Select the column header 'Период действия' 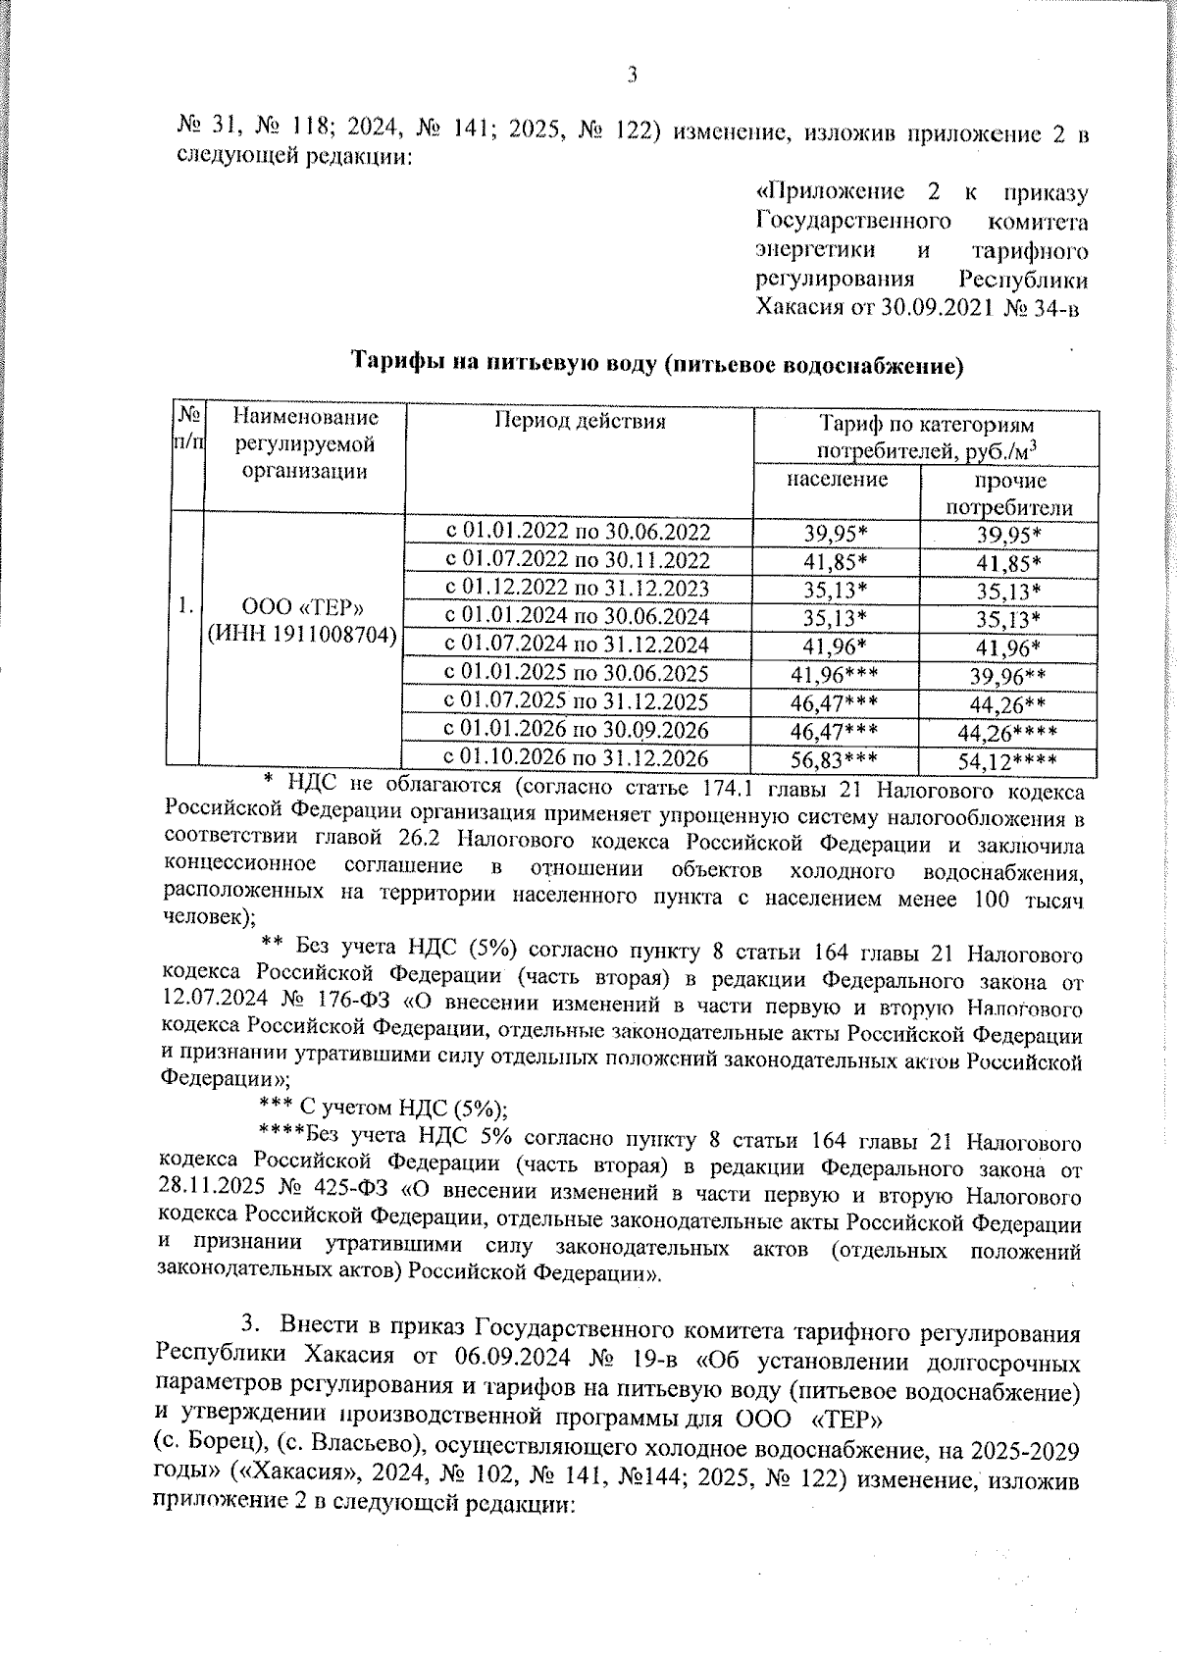point(579,422)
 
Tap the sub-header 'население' point(837,480)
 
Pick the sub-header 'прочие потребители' point(1008,494)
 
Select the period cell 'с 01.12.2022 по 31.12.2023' point(578,589)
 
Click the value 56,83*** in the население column point(835,760)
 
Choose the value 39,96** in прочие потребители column point(1007,675)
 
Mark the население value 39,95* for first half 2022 point(835,533)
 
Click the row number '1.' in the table point(184,606)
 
